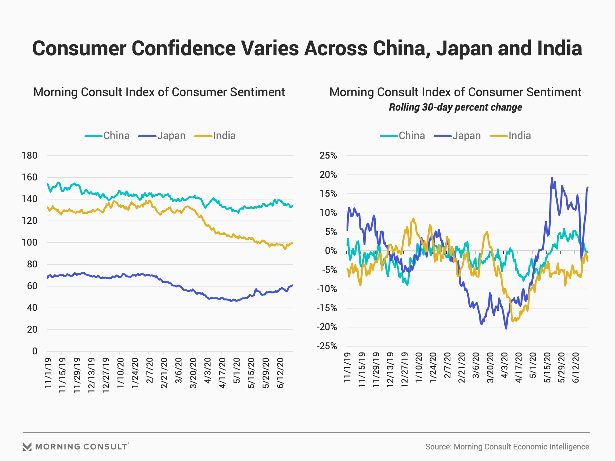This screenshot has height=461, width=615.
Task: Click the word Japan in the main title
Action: point(463,49)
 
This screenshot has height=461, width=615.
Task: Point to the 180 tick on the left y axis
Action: point(29,156)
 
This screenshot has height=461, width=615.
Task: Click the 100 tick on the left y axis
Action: point(29,243)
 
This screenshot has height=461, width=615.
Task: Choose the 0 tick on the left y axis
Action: point(35,352)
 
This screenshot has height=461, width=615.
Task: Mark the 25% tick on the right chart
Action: point(328,156)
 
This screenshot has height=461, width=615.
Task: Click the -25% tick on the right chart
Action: point(327,346)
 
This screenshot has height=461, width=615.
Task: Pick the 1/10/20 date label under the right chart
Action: point(419,368)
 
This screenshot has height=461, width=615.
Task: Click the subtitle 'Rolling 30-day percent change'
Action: point(455,107)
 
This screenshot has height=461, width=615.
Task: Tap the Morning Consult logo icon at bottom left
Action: point(27,447)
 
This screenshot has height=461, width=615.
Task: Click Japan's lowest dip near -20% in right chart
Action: point(506,328)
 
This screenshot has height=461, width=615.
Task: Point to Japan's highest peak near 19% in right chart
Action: point(552,178)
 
